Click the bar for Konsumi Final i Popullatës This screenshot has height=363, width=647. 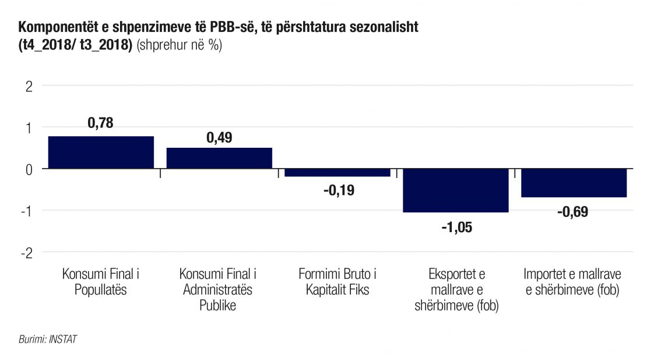pyautogui.click(x=101, y=152)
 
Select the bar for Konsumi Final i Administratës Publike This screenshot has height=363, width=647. pyautogui.click(x=219, y=158)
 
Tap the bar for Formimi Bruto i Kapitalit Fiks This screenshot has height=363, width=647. pyautogui.click(x=337, y=172)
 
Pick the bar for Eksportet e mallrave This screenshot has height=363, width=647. pyautogui.click(x=456, y=190)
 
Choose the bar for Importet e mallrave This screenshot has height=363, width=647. pyautogui.click(x=574, y=183)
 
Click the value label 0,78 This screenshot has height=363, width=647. pyautogui.click(x=101, y=123)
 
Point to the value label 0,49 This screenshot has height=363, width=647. pyautogui.click(x=219, y=138)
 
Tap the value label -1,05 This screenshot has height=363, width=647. pyautogui.click(x=456, y=227)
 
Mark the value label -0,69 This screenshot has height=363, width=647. pyautogui.click(x=574, y=212)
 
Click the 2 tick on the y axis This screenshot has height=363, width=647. pyautogui.click(x=29, y=86)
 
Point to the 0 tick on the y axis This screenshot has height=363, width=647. pyautogui.click(x=29, y=169)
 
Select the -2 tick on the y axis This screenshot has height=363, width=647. pyautogui.click(x=27, y=252)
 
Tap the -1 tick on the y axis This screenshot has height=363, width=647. pyautogui.click(x=27, y=211)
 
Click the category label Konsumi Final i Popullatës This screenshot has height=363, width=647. pyautogui.click(x=101, y=282)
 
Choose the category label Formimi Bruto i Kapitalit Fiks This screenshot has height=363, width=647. pyautogui.click(x=337, y=282)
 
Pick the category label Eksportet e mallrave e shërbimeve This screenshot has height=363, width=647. pyautogui.click(x=456, y=290)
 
